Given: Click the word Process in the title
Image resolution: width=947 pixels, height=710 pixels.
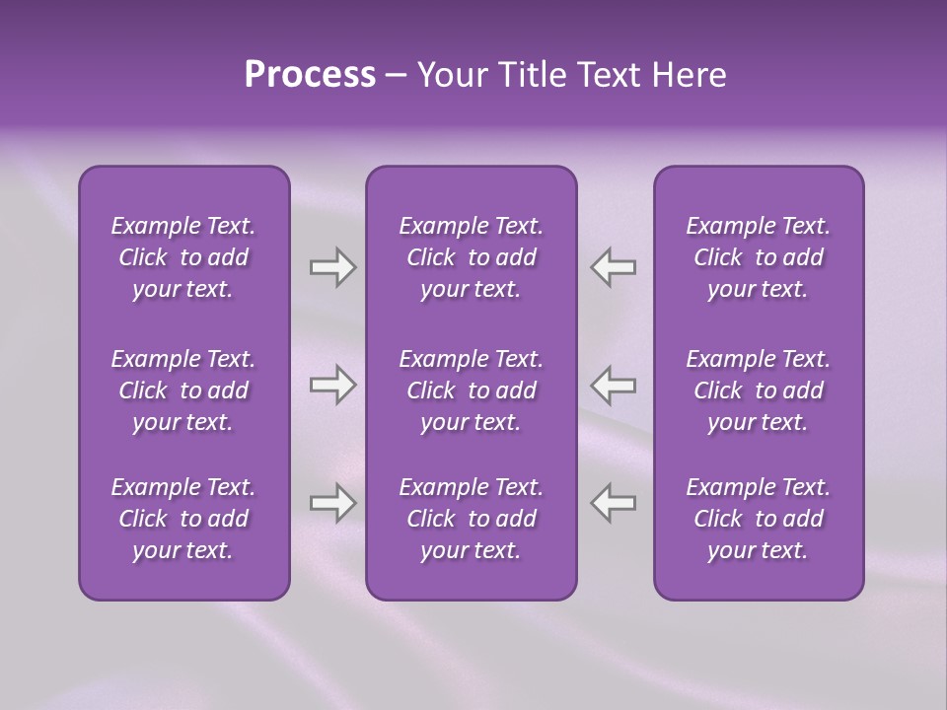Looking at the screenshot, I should point(310,75).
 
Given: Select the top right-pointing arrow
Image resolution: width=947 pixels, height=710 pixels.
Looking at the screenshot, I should point(332,267).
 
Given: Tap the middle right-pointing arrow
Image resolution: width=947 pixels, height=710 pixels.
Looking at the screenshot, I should point(332,385).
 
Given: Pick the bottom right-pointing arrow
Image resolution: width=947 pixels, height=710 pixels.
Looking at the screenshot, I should point(332,503).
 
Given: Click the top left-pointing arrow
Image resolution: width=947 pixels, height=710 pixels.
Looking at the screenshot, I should point(613,267).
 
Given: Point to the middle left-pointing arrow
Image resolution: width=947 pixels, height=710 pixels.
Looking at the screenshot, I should point(613,385).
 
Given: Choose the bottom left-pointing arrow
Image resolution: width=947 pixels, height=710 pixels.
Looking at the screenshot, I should point(613,503).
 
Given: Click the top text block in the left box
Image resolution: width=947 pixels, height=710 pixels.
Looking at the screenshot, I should point(183,257).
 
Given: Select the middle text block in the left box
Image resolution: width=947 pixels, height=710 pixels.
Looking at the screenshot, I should point(183,390).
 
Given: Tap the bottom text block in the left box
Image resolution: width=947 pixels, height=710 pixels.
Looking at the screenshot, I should point(183,519).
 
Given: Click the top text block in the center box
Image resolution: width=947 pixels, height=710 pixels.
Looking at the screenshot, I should point(471,257).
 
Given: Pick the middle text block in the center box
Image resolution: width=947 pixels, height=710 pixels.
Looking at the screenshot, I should point(471,390).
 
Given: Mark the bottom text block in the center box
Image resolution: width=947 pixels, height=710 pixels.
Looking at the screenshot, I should point(471,519).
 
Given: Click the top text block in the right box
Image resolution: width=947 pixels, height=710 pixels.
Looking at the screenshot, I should point(759,257).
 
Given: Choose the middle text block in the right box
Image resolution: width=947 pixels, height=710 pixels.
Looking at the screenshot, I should point(759,390).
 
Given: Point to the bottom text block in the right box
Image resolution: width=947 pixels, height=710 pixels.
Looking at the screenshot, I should point(759,519).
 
